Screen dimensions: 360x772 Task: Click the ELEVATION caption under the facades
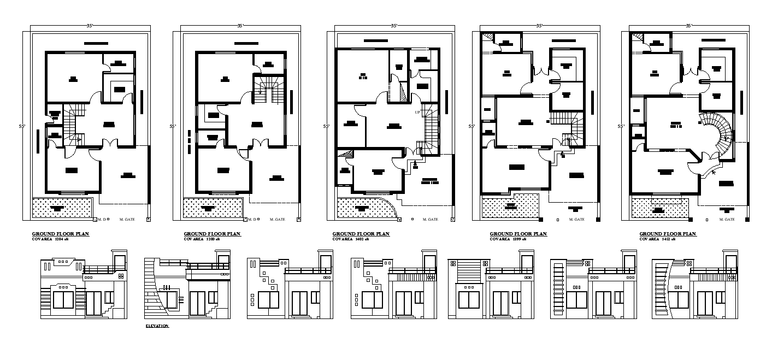pos(157,326)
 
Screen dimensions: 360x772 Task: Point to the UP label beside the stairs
pos(417,113)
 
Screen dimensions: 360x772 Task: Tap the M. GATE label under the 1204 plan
pos(126,220)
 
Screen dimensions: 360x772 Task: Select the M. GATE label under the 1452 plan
pos(727,220)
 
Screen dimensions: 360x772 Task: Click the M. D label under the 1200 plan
pos(252,220)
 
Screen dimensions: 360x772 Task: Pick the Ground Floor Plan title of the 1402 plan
pos(361,233)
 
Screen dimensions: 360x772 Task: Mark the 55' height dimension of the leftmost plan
pos(22,126)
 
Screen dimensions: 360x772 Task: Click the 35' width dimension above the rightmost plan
pos(688,26)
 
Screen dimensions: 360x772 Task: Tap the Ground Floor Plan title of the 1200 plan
pos(212,233)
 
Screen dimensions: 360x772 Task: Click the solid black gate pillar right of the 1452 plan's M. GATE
pos(747,220)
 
